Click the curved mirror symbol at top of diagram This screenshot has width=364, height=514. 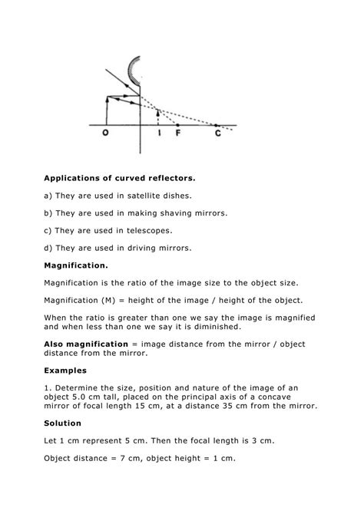pos(135,71)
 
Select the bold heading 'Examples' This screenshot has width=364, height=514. pos(65,369)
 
